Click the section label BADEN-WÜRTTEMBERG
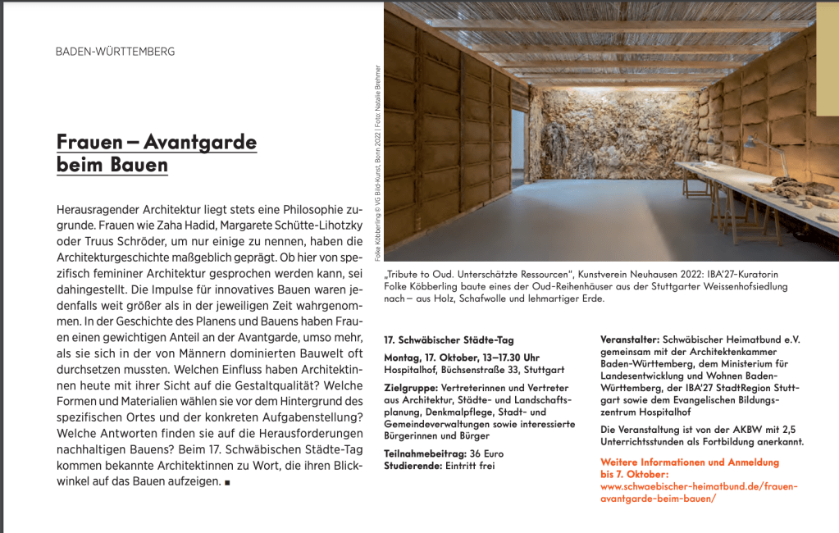(115, 52)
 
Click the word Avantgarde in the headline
(200, 142)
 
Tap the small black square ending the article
(226, 482)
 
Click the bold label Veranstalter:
(630, 339)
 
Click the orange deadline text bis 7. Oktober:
(635, 474)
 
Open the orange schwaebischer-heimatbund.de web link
(699, 486)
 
